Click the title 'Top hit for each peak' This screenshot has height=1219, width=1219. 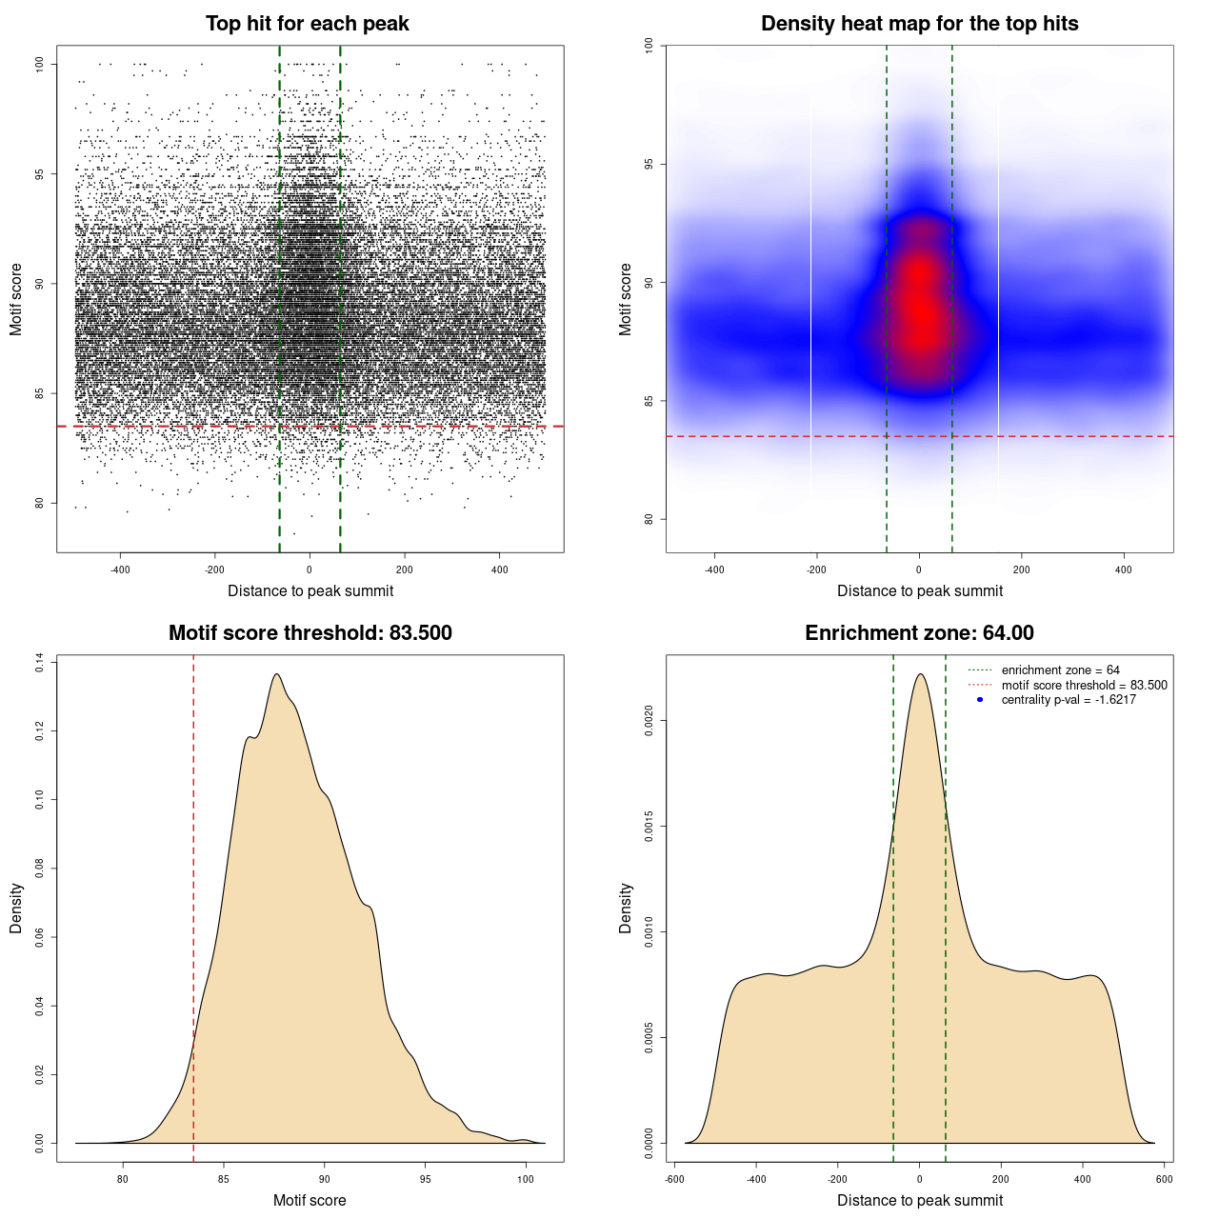pos(308,24)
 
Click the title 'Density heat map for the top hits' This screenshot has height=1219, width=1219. pos(919,24)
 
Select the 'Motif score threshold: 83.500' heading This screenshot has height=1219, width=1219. pos(310,633)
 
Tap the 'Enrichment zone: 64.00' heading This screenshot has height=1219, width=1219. pos(919,633)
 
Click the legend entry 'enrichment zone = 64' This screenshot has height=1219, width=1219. pos(1060,670)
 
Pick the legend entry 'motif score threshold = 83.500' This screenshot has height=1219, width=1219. pos(1084,686)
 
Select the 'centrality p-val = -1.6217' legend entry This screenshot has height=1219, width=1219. pos(1069,700)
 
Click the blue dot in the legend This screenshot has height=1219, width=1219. pos(980,700)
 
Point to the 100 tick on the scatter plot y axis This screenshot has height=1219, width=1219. pos(40,64)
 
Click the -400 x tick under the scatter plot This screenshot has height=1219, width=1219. pos(120,570)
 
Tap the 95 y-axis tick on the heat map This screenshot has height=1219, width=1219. pos(649,164)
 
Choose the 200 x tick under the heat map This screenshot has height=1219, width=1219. pos(1021,570)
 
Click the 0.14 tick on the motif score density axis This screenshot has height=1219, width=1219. pos(40,662)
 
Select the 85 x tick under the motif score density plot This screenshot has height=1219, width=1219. pos(224,1179)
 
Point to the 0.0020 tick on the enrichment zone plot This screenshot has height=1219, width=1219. pos(649,721)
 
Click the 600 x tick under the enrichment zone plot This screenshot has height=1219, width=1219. pos(1164,1179)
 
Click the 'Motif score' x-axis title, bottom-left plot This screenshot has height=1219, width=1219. pos(310,1200)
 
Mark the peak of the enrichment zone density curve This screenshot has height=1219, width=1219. pos(920,674)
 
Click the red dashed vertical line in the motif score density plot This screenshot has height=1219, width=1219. pos(193,905)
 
